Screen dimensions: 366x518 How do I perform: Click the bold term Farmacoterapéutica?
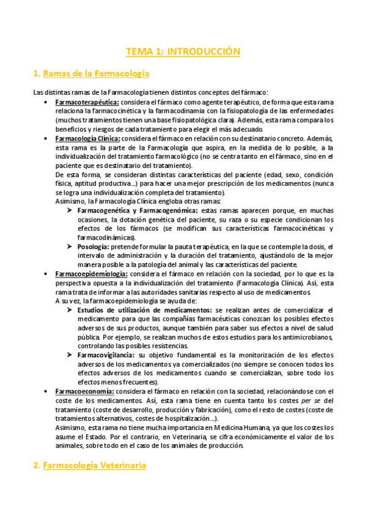tap(87, 102)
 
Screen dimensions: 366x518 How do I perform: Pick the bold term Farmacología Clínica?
tap(86, 139)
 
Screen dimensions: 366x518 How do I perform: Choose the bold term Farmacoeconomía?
tap(84, 391)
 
